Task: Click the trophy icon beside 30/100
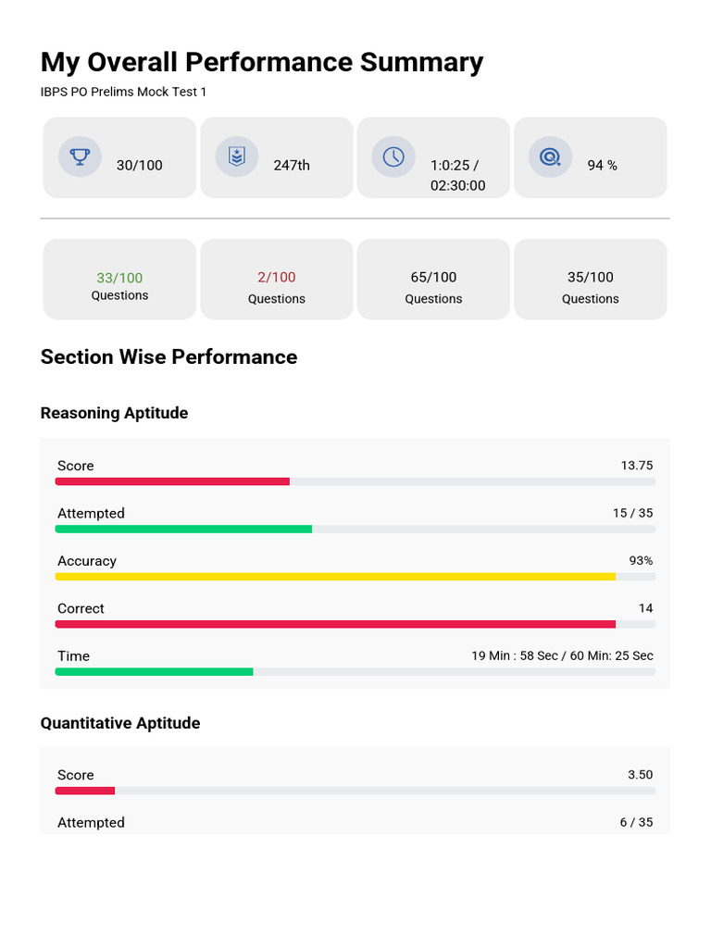click(x=80, y=156)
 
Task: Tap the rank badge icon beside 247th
click(x=237, y=156)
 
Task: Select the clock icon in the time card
click(x=393, y=156)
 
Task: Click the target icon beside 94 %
click(x=550, y=157)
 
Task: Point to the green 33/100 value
click(x=119, y=278)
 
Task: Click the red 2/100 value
click(x=277, y=278)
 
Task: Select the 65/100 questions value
click(x=433, y=278)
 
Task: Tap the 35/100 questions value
click(x=590, y=278)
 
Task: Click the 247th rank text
click(x=292, y=165)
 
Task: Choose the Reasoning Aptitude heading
click(x=114, y=413)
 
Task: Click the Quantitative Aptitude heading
click(x=120, y=723)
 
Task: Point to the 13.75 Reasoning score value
click(x=637, y=466)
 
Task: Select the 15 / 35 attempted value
click(x=633, y=513)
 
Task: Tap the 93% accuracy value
click(x=641, y=560)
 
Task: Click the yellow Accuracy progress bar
click(x=335, y=577)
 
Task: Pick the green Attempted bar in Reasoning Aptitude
click(x=184, y=529)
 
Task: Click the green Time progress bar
click(x=155, y=672)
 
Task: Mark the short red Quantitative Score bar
click(x=85, y=791)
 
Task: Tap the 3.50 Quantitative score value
click(x=641, y=775)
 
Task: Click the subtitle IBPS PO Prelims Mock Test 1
click(x=123, y=92)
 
